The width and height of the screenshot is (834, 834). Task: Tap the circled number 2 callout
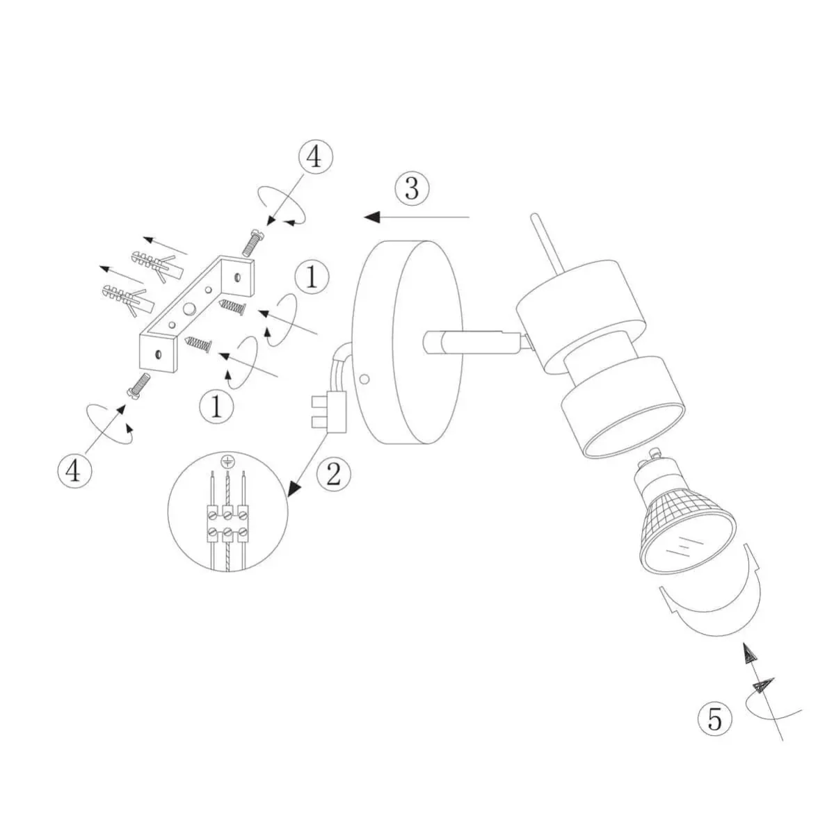pyautogui.click(x=334, y=475)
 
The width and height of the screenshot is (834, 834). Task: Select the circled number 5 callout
pyautogui.click(x=715, y=719)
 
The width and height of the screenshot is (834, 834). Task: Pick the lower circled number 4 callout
pyautogui.click(x=75, y=471)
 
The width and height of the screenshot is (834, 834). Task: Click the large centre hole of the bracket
pyautogui.click(x=189, y=308)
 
